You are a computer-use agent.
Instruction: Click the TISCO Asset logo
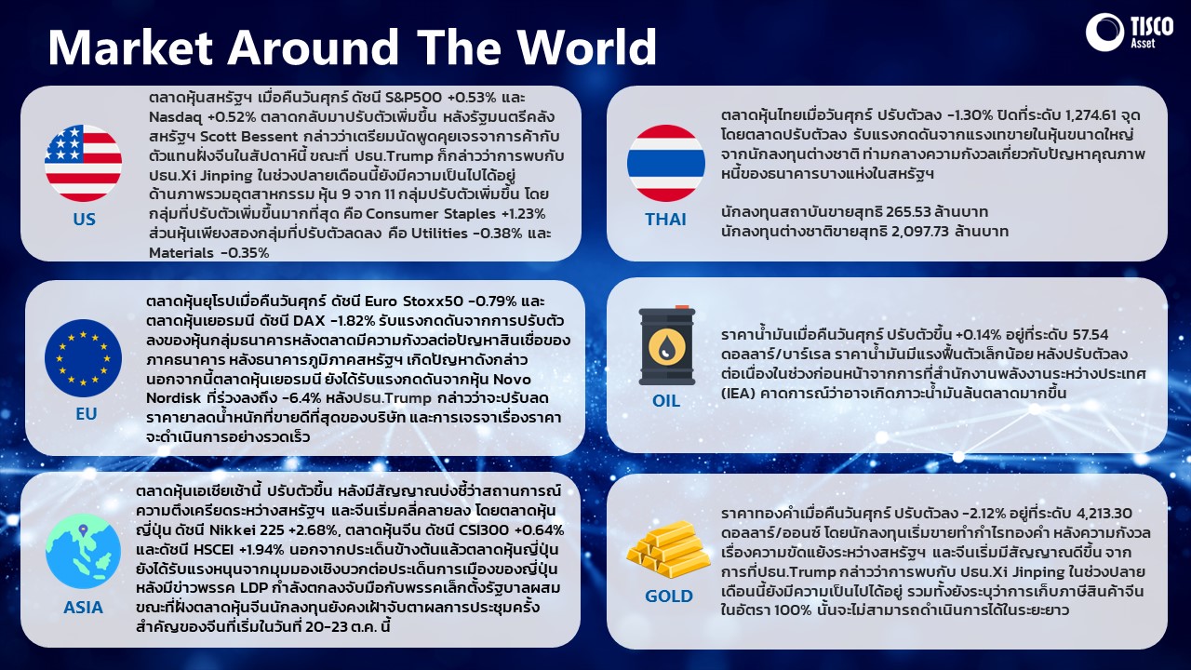click(1129, 32)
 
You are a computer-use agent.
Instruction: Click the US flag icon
click(84, 163)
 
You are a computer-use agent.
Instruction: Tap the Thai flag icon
click(665, 163)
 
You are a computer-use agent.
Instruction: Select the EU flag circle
click(84, 358)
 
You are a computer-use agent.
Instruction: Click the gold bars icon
click(668, 550)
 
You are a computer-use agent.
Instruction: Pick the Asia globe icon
click(84, 552)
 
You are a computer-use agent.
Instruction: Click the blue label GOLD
click(668, 596)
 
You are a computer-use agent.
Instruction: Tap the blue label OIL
click(665, 400)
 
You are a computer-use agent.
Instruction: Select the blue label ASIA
click(84, 608)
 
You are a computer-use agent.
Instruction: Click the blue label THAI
click(665, 219)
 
